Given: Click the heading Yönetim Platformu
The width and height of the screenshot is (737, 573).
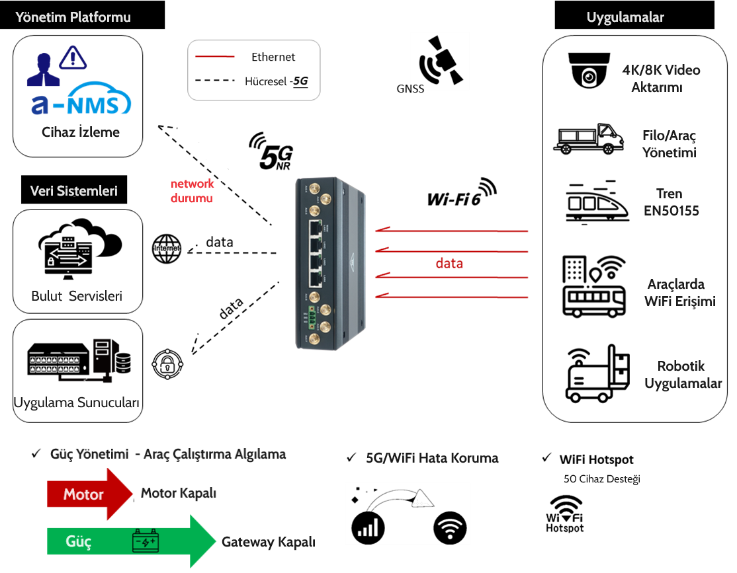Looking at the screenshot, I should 73,18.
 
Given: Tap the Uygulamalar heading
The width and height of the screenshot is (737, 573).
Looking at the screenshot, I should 625,18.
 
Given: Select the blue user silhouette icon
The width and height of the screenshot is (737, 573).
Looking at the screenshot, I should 43,70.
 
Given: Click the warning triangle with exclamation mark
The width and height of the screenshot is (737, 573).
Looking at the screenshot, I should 73,57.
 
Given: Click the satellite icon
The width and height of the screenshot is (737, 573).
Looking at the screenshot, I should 441,60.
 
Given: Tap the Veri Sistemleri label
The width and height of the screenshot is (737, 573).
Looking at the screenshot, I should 74,191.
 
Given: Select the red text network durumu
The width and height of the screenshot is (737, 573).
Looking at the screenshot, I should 193,190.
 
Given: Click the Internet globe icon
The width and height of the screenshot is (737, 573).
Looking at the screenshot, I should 166,248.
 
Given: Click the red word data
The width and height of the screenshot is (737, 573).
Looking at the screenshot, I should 449,264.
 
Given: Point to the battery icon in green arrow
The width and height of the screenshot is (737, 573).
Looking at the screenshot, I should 145,541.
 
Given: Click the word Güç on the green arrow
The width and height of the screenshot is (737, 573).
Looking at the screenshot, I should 79,541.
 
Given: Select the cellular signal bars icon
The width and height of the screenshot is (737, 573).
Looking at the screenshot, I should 369,527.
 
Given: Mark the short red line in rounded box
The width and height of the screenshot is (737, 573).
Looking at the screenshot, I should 215,57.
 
